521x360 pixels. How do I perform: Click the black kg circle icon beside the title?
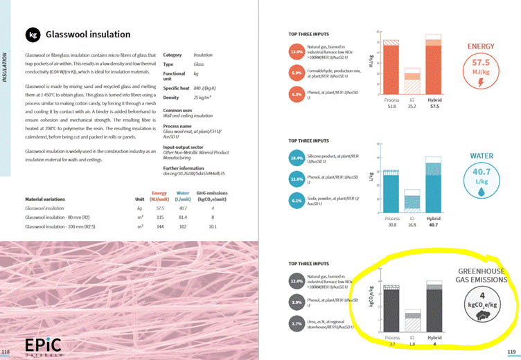(x=32, y=35)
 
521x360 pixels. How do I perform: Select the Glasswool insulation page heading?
(x=88, y=35)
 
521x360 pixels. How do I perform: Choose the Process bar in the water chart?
(x=391, y=188)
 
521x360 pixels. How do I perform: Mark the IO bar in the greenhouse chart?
(x=413, y=321)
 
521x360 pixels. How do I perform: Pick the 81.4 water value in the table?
(x=183, y=217)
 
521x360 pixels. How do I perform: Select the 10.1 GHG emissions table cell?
(x=213, y=226)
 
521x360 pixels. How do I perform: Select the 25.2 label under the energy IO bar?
(x=413, y=106)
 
